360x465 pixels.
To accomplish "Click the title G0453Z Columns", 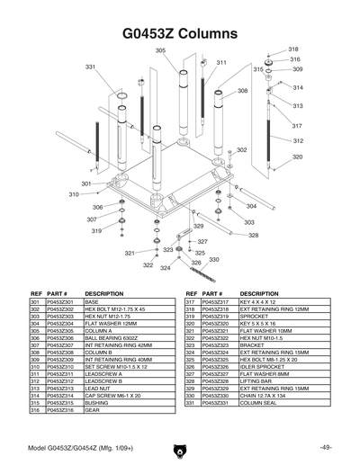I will point(179,33).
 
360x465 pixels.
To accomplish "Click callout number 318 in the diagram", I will point(293,49).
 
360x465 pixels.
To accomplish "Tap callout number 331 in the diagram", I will point(90,67).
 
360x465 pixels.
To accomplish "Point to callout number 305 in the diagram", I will point(160,50).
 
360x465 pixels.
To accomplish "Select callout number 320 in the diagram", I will point(297,156).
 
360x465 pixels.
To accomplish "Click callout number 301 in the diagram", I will point(85,183).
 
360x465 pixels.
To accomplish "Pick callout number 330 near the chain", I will point(214,259).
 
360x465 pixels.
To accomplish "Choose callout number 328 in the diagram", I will point(253,235).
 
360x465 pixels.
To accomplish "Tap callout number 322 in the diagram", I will point(148,265).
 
